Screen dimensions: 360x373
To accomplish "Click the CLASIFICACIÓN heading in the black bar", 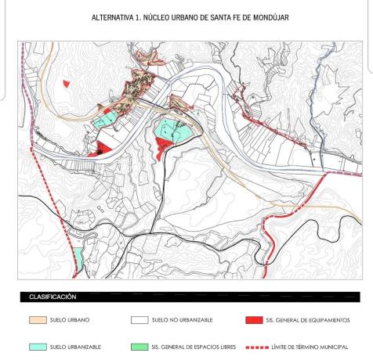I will pyautogui.click(x=53, y=297).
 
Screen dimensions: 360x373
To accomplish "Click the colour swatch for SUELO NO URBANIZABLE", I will pyautogui.click(x=139, y=321).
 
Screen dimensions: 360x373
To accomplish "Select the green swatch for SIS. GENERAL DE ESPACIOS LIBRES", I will pyautogui.click(x=139, y=346).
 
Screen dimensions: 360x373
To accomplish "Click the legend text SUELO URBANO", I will pyautogui.click(x=70, y=321).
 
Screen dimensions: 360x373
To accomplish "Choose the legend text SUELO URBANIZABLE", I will pyautogui.click(x=76, y=346).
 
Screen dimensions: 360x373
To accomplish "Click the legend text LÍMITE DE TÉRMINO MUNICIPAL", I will pyautogui.click(x=311, y=346).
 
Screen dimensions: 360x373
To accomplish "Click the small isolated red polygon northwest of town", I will pyautogui.click(x=67, y=82).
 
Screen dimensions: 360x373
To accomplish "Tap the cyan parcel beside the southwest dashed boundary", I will pyautogui.click(x=78, y=256).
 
